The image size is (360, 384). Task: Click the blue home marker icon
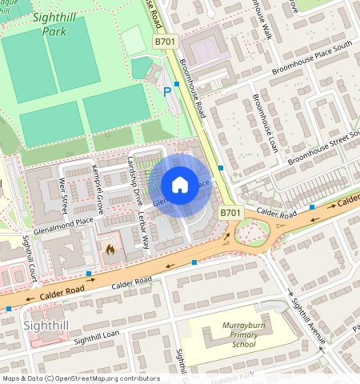click(x=180, y=186)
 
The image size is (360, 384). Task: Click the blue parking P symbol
click(x=167, y=93)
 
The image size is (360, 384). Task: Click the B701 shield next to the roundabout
click(x=230, y=213)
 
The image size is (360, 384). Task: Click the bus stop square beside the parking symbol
click(x=176, y=83)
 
